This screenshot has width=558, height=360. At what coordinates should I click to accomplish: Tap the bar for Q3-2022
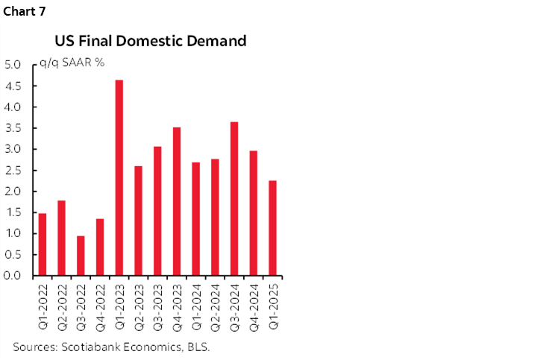point(81,256)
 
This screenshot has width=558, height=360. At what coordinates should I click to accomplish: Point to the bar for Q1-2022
point(42,244)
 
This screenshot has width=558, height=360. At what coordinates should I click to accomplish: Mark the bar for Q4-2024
point(254,213)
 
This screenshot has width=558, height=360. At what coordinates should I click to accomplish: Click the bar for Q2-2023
point(138,221)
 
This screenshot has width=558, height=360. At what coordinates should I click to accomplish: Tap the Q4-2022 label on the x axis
point(100,304)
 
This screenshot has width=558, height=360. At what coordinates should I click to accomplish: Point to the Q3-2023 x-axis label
point(158,304)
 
